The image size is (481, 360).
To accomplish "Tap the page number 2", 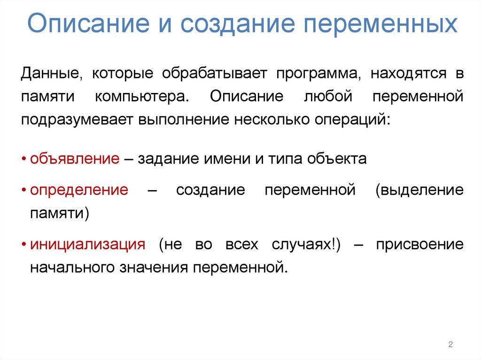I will point(450,345).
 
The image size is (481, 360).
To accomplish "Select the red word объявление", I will point(75,159).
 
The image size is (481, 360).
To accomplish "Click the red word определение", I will point(79,190).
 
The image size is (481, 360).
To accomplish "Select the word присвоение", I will point(419,245).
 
